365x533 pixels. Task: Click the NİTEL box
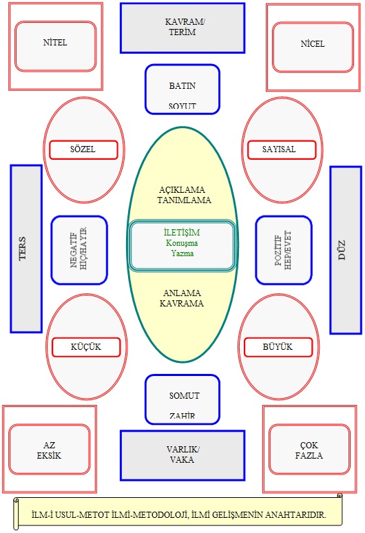(x=55, y=47)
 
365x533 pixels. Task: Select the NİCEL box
(x=313, y=48)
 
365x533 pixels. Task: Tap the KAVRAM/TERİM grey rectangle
(x=182, y=28)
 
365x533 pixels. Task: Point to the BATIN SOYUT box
(x=182, y=89)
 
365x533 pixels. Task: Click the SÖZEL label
(x=83, y=150)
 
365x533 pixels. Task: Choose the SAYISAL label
(x=282, y=150)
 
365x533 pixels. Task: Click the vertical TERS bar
(x=26, y=249)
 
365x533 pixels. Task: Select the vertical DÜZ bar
(x=346, y=250)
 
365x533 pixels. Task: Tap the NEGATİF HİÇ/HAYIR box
(x=79, y=250)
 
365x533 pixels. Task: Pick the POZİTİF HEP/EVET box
(x=284, y=250)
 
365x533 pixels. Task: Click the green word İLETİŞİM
(x=182, y=233)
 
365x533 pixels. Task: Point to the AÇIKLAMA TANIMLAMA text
(x=184, y=195)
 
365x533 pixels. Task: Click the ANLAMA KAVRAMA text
(x=182, y=298)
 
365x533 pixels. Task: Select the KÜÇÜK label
(x=86, y=347)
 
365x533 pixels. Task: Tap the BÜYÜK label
(x=278, y=347)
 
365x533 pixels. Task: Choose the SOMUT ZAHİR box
(x=182, y=399)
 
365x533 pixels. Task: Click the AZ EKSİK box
(x=50, y=450)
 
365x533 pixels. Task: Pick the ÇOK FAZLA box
(x=309, y=450)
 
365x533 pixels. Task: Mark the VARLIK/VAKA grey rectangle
(x=182, y=455)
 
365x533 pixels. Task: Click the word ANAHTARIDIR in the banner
(x=295, y=515)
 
